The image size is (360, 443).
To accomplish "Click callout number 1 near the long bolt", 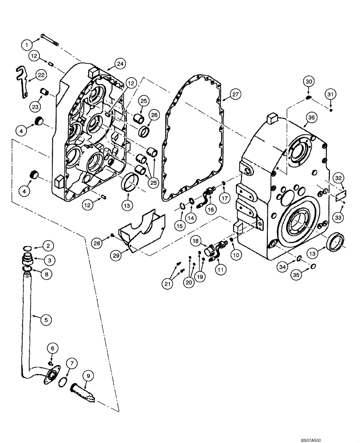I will pos(27,44).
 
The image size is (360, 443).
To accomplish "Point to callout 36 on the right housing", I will pos(311,117).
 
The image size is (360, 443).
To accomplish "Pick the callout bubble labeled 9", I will pos(88,376).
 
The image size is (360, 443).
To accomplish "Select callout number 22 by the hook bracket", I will pos(41,76).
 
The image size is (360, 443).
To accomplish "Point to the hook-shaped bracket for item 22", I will pos(21,80).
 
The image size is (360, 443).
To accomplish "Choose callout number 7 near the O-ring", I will pos(70,364).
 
